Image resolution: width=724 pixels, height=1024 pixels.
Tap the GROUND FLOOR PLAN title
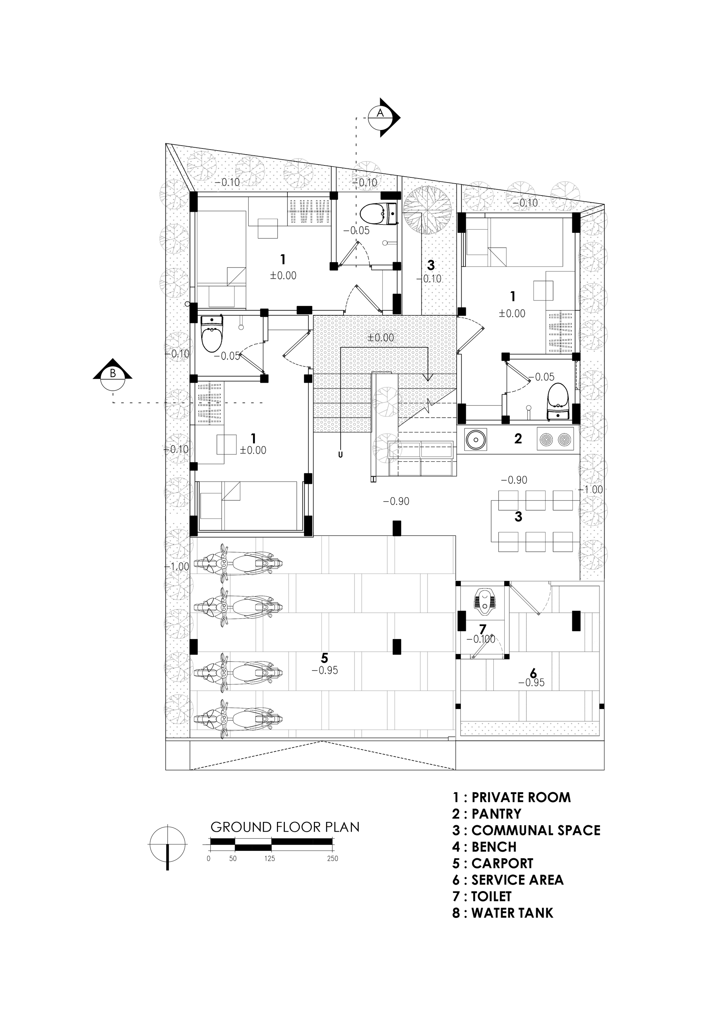pyautogui.click(x=285, y=827)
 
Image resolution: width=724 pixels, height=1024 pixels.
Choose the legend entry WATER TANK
pyautogui.click(x=502, y=913)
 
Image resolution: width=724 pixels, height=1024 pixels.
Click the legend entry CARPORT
pyautogui.click(x=493, y=864)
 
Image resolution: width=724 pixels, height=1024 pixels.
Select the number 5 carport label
pyautogui.click(x=325, y=658)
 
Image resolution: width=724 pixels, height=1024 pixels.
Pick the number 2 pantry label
pyautogui.click(x=518, y=439)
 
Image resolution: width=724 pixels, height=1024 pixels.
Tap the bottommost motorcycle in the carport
pyautogui.click(x=239, y=718)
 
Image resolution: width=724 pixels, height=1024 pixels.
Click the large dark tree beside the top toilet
pyautogui.click(x=427, y=210)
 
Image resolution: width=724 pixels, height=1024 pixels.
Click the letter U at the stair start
pyautogui.click(x=341, y=456)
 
